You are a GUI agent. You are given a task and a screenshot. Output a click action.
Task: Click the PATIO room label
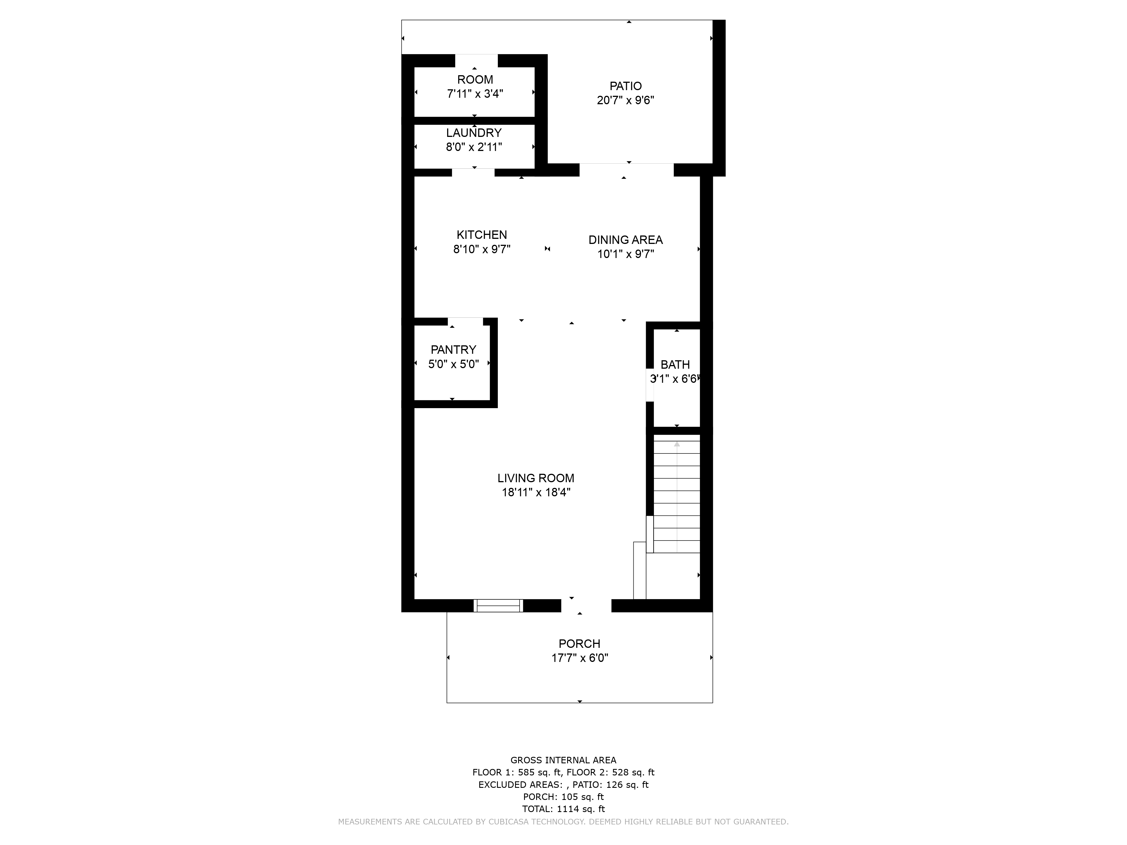tap(626, 86)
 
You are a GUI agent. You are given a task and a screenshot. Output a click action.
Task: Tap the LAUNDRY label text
tap(474, 133)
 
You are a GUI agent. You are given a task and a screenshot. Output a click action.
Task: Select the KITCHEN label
tap(482, 235)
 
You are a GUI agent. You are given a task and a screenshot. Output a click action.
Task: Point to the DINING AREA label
tap(626, 240)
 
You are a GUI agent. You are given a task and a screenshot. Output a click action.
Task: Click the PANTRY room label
tap(453, 350)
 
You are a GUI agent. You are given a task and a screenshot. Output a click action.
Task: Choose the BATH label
tap(675, 365)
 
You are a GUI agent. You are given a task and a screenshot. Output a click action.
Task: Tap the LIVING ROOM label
tap(536, 478)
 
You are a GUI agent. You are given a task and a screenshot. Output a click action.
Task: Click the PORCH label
tap(579, 644)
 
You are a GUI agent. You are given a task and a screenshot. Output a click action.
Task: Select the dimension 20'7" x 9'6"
tap(626, 100)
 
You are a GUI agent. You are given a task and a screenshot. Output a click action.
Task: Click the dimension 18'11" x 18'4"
tap(536, 493)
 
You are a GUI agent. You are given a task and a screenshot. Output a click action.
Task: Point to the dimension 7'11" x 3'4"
tap(475, 94)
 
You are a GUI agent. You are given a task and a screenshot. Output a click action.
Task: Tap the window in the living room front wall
tap(498, 606)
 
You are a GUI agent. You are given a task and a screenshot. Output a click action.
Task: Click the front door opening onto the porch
tap(586, 606)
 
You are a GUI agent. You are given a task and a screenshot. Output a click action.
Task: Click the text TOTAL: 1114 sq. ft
tap(563, 809)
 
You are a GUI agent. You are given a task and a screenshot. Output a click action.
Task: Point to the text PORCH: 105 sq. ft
tap(563, 797)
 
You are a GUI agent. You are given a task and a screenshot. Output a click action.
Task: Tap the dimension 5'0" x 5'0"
tap(453, 364)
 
